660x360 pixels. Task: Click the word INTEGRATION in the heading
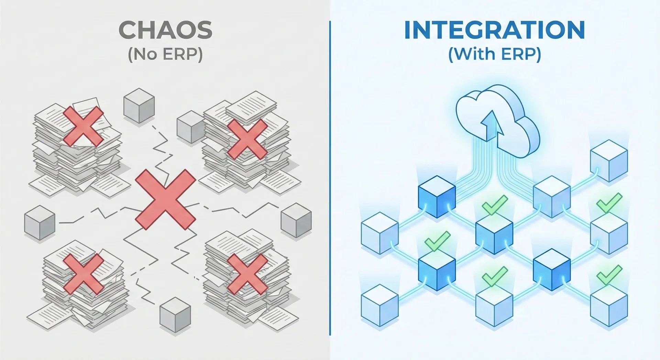click(x=495, y=30)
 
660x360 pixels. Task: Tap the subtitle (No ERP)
click(x=165, y=54)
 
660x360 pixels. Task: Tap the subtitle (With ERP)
click(x=495, y=54)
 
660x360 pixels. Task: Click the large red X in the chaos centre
click(x=165, y=199)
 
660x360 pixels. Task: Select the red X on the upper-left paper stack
click(x=84, y=126)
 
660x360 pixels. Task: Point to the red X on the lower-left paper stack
click(x=84, y=274)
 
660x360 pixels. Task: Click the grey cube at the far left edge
click(x=40, y=222)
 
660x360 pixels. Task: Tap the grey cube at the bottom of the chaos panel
click(x=175, y=315)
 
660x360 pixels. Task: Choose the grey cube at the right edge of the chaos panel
click(x=296, y=220)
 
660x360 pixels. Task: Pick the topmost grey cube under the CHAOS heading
click(x=139, y=105)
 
